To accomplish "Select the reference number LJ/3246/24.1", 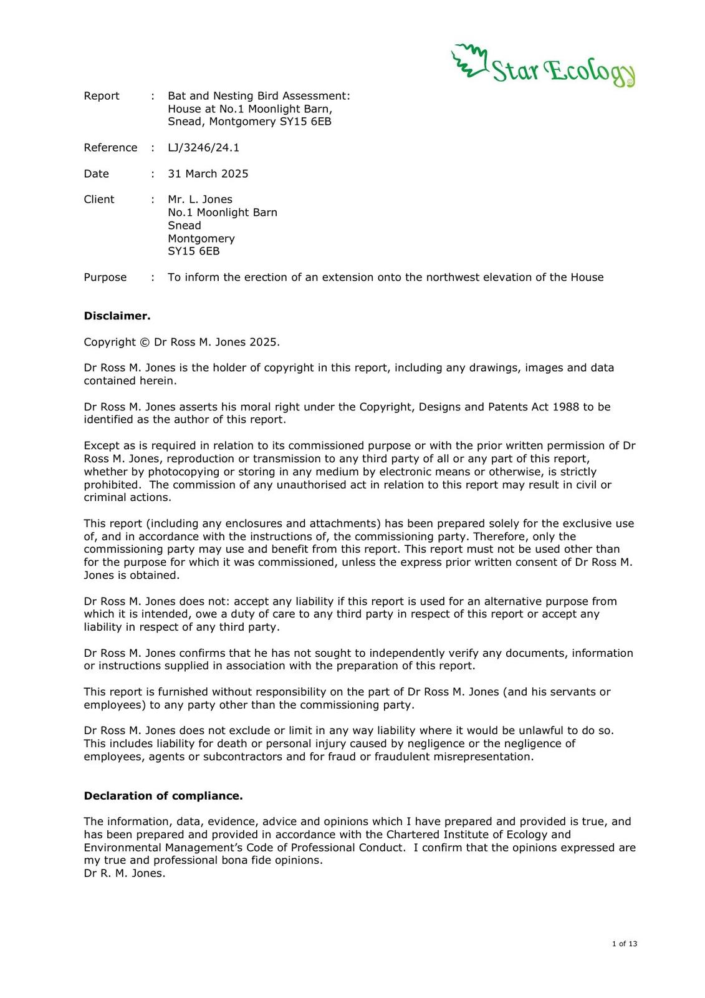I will [203, 148].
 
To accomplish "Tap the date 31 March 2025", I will [208, 173].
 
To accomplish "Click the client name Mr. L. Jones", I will [199, 200].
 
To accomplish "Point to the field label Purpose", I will [105, 278].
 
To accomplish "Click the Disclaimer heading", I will [117, 316].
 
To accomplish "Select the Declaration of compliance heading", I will [163, 796].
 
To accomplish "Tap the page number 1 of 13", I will [625, 944].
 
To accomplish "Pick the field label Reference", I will [110, 148].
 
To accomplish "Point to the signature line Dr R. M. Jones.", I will [125, 873].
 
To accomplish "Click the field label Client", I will [99, 200].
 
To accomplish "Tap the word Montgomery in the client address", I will [201, 239].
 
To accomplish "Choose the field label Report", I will [102, 96].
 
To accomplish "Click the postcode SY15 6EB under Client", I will [193, 251].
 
